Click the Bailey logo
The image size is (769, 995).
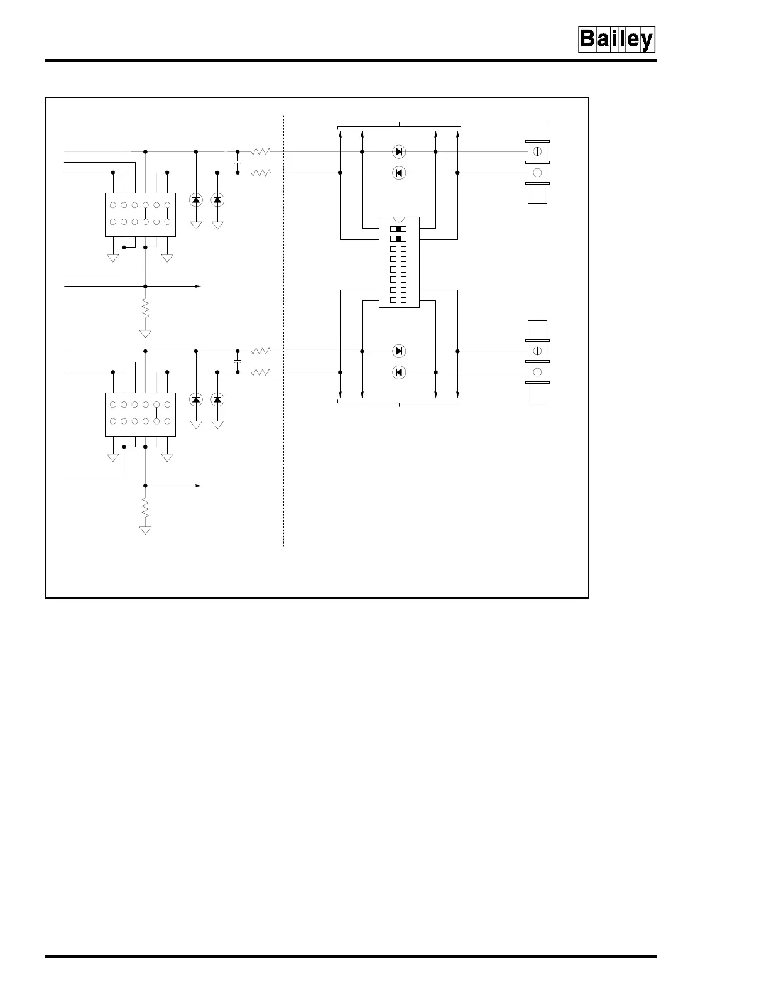(x=616, y=40)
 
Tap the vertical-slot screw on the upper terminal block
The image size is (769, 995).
(x=537, y=151)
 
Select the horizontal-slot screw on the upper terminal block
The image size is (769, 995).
(x=537, y=173)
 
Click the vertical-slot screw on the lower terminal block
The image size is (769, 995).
(x=537, y=351)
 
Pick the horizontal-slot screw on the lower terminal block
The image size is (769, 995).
(x=537, y=372)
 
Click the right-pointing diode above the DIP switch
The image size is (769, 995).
(x=398, y=151)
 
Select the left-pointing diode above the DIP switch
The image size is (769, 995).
(x=398, y=173)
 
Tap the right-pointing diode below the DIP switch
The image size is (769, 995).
(x=398, y=351)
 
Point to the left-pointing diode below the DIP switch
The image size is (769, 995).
(x=398, y=372)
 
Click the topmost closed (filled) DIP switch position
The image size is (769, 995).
(x=398, y=229)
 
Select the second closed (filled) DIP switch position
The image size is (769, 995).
(x=398, y=239)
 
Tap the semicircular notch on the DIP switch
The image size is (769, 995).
(x=399, y=219)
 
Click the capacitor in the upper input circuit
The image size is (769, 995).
(x=237, y=162)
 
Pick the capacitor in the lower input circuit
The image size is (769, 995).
(x=237, y=362)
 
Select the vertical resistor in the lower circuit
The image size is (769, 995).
(x=145, y=507)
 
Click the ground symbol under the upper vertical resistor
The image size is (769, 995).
(x=145, y=333)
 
